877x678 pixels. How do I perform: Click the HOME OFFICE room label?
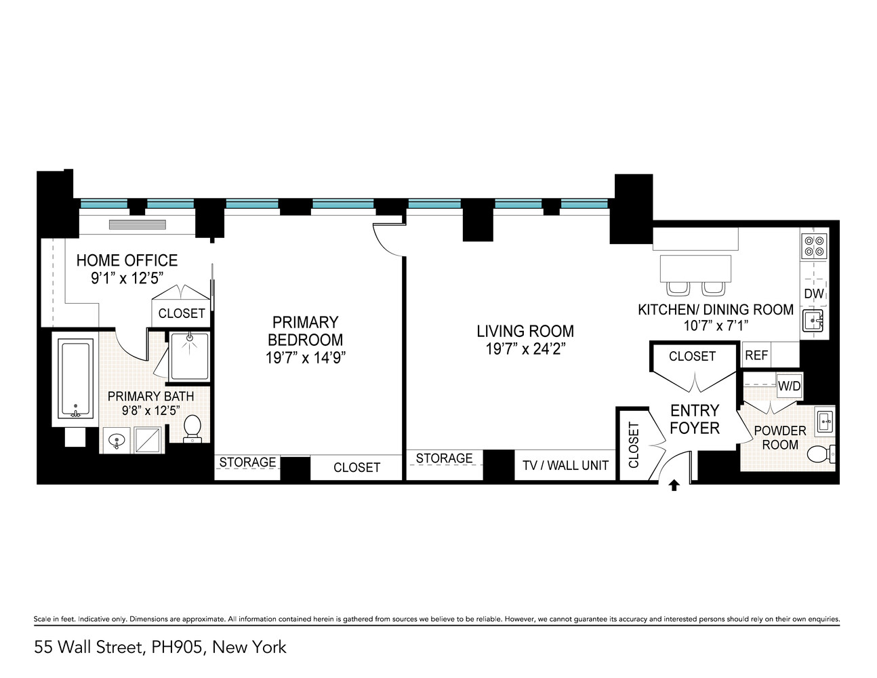click(x=127, y=261)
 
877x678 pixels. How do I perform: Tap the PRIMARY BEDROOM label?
click(x=305, y=331)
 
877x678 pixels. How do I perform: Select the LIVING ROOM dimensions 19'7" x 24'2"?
click(x=525, y=348)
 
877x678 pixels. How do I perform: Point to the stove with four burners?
click(x=814, y=247)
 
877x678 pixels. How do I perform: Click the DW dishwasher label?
click(x=814, y=294)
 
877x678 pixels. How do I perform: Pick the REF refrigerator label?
click(x=756, y=355)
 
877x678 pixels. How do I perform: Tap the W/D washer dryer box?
click(x=789, y=386)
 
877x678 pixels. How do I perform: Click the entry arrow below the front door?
click(x=673, y=485)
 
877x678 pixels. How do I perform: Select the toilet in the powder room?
click(x=821, y=454)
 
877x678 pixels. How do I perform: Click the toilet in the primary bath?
click(x=192, y=428)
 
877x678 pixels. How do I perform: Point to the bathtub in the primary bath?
click(x=75, y=378)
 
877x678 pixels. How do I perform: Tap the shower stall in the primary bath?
click(x=189, y=357)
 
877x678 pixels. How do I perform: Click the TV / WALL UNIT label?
click(x=565, y=465)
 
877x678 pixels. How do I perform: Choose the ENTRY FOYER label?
click(x=695, y=419)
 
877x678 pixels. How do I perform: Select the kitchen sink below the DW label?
click(x=813, y=321)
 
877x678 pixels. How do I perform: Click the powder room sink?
click(x=825, y=421)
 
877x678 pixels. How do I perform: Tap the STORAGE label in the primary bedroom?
click(x=247, y=462)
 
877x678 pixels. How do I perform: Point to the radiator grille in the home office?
click(x=137, y=225)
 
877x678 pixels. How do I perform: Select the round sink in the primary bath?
click(x=117, y=440)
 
